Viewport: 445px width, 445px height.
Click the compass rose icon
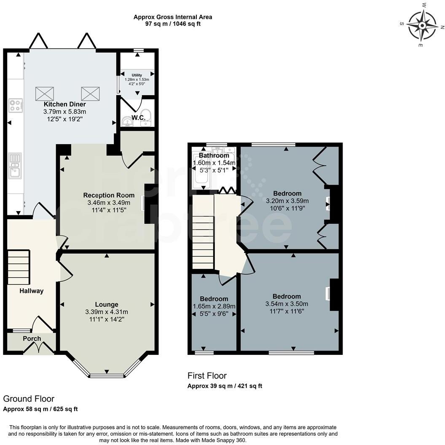coord(422,24)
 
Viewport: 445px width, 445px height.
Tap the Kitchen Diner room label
coord(65,104)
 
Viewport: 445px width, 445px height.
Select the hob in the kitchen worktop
coord(16,105)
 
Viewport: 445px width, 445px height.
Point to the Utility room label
coord(137,75)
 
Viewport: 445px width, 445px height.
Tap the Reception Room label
coord(109,195)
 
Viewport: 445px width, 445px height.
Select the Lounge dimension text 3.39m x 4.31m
coord(106,312)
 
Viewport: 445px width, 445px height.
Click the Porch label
coord(32,339)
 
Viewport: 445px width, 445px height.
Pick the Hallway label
coord(31,291)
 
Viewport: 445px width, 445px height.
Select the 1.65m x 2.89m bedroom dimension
coord(214,306)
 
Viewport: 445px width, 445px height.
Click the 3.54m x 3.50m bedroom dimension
coord(287,304)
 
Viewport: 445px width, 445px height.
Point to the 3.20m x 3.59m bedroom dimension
coord(287,201)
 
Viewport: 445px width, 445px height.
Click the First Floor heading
coord(207,375)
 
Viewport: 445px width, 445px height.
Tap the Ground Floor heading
coord(29,399)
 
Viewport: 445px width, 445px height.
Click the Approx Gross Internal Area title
coord(173,17)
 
